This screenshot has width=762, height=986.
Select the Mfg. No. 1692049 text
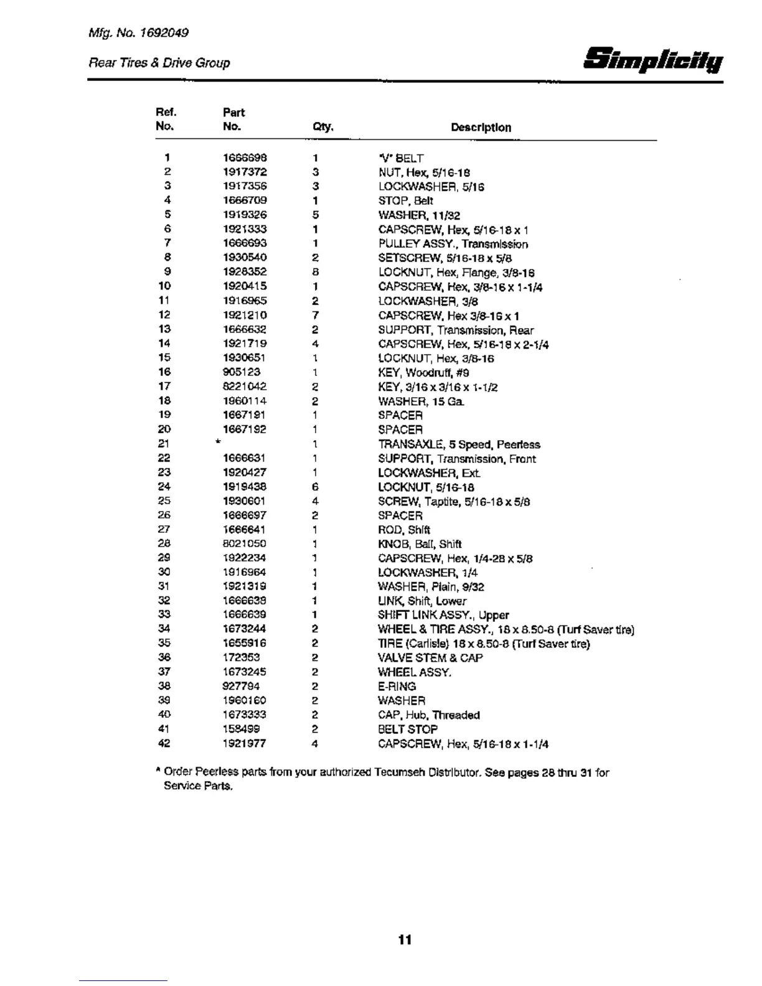click(138, 32)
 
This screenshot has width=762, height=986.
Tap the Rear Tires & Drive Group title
click(159, 63)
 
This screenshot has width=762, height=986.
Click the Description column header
click(481, 128)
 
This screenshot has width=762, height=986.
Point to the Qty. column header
click(323, 128)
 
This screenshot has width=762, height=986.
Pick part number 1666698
click(245, 158)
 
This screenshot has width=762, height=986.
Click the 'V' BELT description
click(401, 158)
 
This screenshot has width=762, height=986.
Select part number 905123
click(242, 372)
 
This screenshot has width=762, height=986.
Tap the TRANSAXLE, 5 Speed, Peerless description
click(459, 444)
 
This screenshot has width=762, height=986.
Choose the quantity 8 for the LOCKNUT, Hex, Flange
click(316, 272)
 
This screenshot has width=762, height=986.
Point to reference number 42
click(164, 743)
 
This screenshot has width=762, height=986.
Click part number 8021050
click(245, 544)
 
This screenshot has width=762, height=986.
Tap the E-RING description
click(397, 687)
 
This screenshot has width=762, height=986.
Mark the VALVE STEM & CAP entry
click(430, 658)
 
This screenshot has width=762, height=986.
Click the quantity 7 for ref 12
click(316, 316)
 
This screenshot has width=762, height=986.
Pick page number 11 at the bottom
click(405, 940)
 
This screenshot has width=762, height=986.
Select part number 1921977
click(245, 743)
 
